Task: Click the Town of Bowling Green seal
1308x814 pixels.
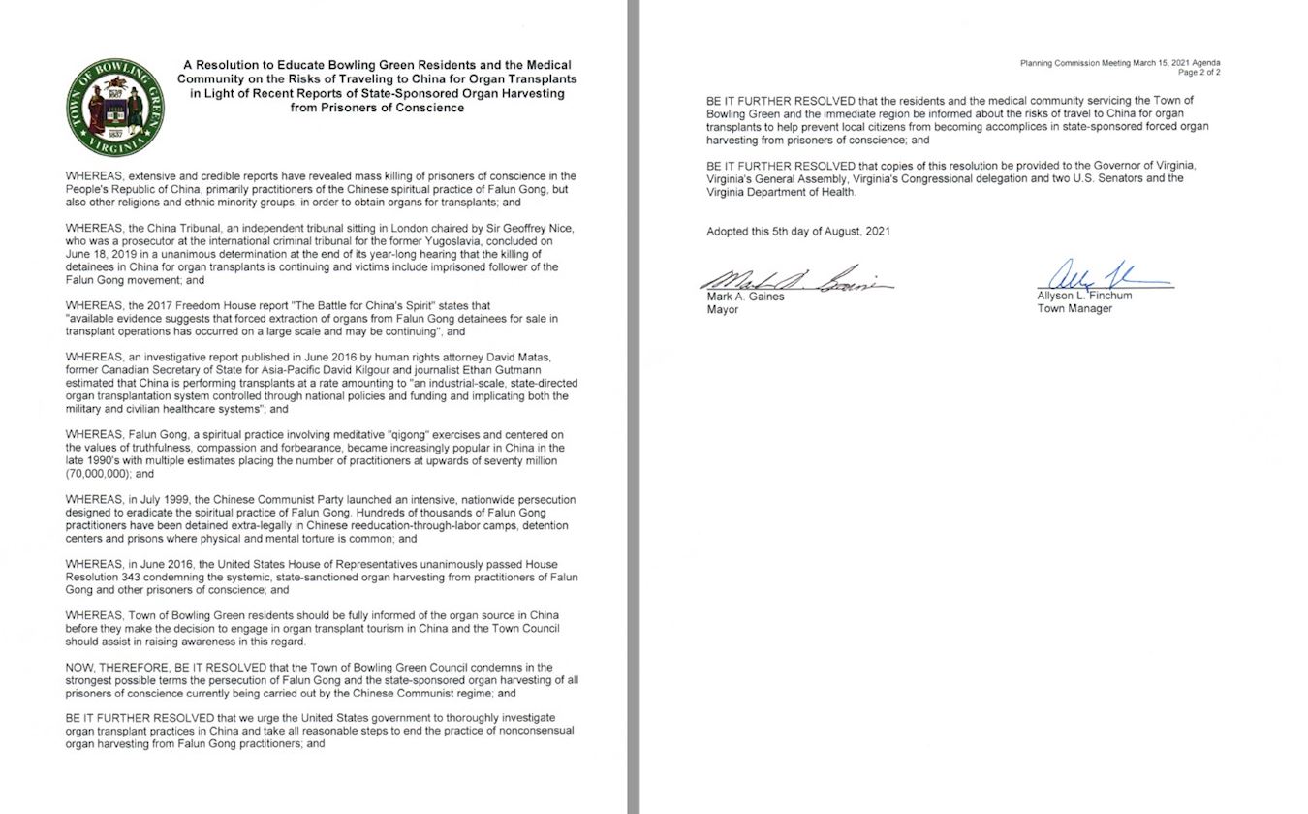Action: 115,107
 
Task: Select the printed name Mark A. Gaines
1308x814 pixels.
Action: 745,297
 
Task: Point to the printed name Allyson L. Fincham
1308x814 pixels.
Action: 1084,296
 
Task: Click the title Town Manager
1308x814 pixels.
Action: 1074,308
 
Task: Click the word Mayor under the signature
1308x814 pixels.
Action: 723,310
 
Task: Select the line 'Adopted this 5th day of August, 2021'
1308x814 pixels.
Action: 798,232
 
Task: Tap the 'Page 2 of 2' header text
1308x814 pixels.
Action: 1199,73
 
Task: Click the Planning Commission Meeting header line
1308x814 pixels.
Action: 1119,63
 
